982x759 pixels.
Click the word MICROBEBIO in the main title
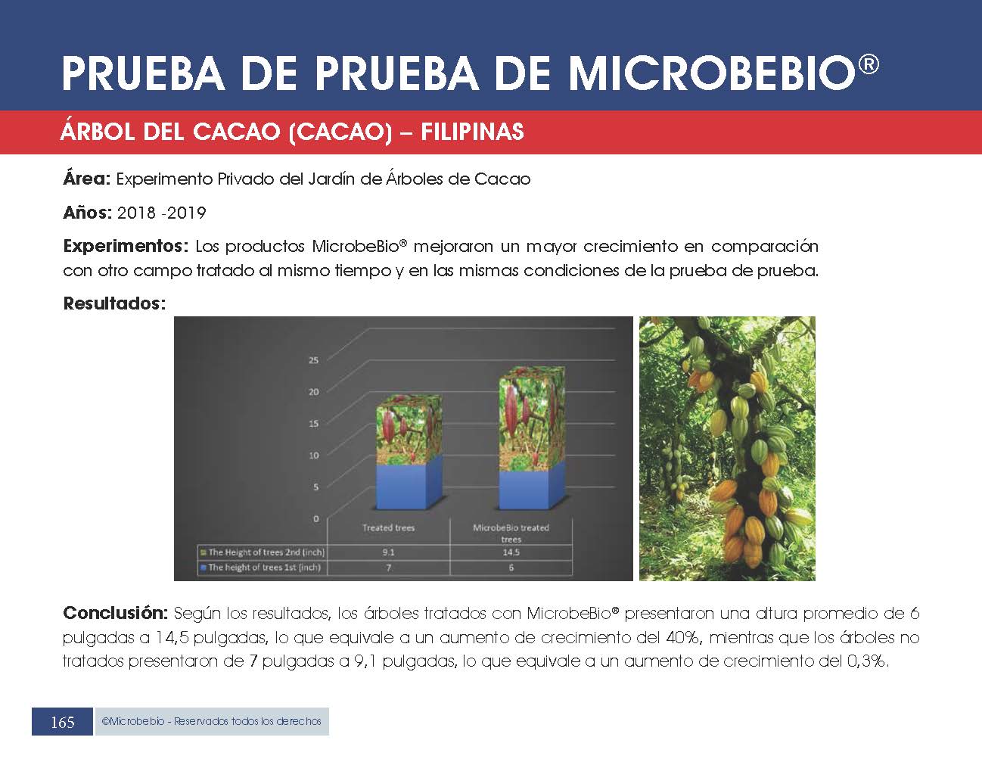711,73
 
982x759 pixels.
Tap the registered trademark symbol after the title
868,64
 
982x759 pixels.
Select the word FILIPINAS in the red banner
472,132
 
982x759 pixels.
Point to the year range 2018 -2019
161,213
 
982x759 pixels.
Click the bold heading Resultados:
114,303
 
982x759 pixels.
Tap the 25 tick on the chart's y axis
313,360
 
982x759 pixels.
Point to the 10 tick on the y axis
313,456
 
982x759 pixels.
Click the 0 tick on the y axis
316,518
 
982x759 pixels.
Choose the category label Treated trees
388,527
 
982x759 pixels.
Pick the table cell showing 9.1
388,552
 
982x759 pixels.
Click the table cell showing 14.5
511,552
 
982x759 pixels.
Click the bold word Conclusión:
115,613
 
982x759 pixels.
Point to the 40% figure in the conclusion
683,637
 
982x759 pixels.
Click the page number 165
62,722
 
